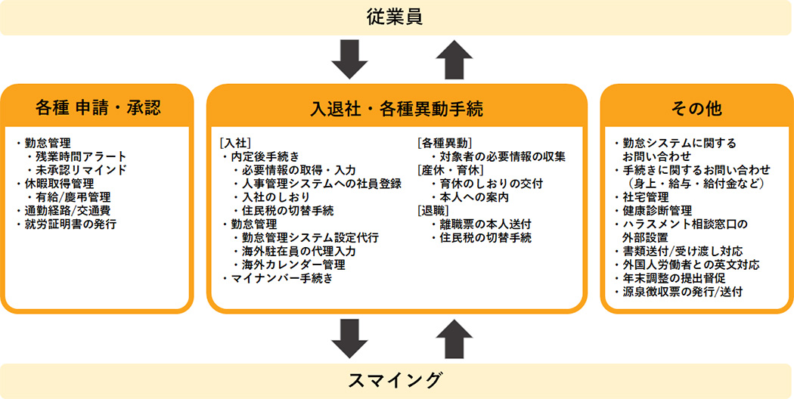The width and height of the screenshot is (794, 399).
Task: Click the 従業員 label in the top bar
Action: pyautogui.click(x=396, y=16)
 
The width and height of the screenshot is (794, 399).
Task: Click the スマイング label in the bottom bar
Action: pyautogui.click(x=396, y=379)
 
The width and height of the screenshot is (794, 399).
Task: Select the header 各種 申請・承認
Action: pyautogui.click(x=98, y=107)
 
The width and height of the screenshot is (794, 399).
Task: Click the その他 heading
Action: pyautogui.click(x=696, y=108)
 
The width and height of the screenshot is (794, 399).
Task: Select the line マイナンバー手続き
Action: pyautogui.click(x=281, y=278)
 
